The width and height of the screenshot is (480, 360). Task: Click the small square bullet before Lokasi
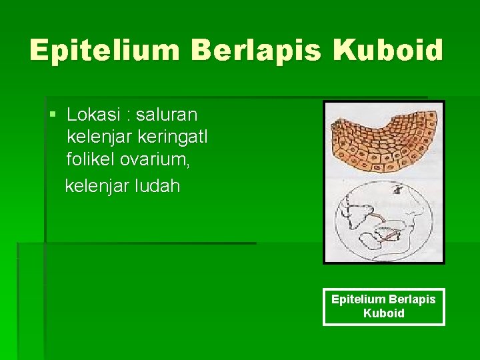(x=53, y=115)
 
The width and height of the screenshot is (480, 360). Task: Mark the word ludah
(x=160, y=185)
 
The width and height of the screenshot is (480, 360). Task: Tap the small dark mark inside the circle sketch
(x=397, y=191)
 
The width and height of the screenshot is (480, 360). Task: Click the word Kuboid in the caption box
(x=383, y=313)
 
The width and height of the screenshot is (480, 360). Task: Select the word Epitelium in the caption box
(x=357, y=299)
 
